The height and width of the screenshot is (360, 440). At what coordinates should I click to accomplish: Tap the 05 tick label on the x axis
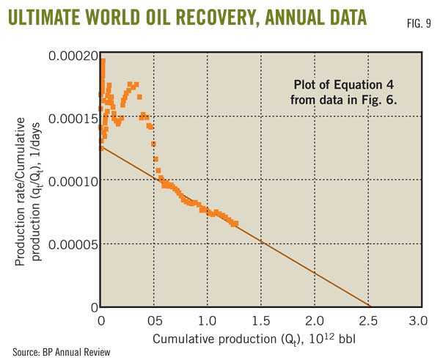154,320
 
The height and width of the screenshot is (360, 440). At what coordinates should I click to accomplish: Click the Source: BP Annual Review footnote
60,351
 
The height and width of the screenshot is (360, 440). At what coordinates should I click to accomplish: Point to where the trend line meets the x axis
370,306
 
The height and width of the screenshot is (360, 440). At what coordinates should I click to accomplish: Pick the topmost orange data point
103,61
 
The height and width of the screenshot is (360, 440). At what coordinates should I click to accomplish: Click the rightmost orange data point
235,224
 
